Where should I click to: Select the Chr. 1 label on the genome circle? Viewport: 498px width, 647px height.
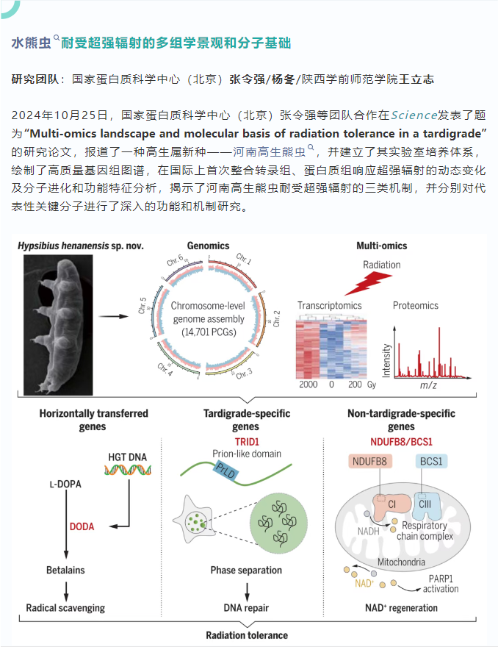tap(244, 258)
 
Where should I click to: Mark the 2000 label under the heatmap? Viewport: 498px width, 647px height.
tap(308, 385)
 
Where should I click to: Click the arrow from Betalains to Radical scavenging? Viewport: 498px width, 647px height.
tap(67, 588)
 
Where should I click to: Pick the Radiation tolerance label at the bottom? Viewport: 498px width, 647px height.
tap(246, 635)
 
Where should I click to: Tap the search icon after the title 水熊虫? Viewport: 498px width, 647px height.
tap(57, 38)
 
